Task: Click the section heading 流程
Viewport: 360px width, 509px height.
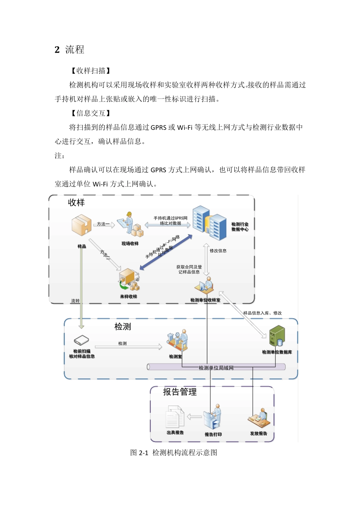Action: pos(74,50)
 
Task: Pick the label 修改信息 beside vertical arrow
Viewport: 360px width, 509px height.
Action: pos(218,251)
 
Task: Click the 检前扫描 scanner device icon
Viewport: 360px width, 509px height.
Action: pos(81,340)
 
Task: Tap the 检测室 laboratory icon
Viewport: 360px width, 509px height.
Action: pos(177,340)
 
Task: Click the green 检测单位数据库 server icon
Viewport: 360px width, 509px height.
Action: pos(277,336)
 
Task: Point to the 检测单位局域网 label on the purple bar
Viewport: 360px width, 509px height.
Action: pos(216,368)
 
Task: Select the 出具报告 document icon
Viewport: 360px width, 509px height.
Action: pos(175,417)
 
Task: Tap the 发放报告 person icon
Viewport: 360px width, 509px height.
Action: pos(259,418)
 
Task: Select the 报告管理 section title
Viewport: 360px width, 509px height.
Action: pos(180,392)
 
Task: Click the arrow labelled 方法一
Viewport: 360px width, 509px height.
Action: pos(104,225)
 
